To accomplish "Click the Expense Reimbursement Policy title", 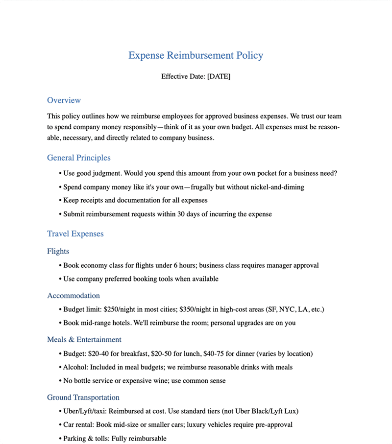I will point(196,55).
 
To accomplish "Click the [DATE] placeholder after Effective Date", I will point(219,76).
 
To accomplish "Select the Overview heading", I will point(64,100).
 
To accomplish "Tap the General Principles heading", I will point(78,158).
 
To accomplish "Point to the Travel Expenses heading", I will point(75,234).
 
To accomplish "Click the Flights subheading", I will point(58,252).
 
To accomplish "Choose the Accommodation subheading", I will point(73,296).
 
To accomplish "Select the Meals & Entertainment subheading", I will point(84,340).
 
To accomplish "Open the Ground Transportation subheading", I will point(83,397).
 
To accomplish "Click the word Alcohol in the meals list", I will point(76,367).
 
